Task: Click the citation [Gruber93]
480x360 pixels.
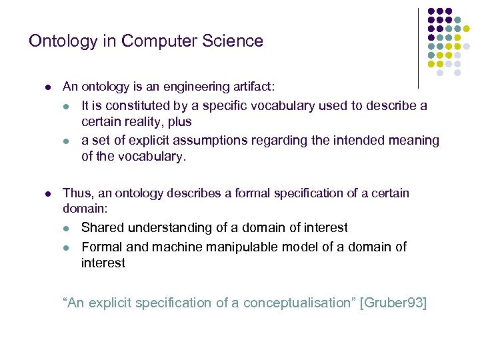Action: point(393,303)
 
